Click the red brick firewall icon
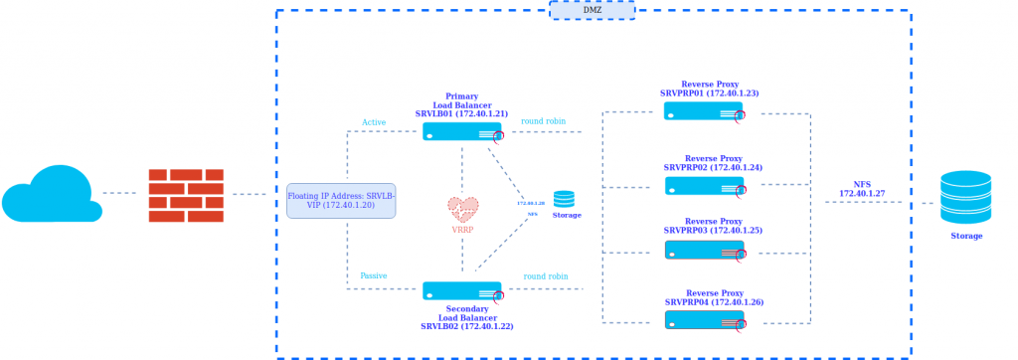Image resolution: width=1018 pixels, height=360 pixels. pos(186,195)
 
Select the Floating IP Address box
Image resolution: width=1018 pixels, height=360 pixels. pos(341,201)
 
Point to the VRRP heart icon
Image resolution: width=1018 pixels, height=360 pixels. pos(462,209)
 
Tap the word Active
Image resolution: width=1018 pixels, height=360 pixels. pos(374,123)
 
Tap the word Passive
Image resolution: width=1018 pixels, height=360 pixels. pos(374,276)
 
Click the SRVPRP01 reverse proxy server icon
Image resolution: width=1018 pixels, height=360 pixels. pos(704,111)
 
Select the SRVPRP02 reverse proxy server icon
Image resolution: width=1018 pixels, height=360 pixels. pos(704,186)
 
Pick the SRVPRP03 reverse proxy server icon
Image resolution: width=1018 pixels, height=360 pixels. pos(704,250)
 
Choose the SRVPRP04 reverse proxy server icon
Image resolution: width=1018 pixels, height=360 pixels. pos(704,320)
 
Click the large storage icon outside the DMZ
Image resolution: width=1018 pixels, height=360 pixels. pos(965,197)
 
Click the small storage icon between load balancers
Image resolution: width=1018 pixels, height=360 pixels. pos(564,199)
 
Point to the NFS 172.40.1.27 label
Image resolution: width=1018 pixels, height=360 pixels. pos(862,189)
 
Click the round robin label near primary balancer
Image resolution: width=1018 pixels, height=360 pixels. pos(544,121)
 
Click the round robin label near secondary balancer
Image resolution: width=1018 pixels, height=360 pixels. pos(546,276)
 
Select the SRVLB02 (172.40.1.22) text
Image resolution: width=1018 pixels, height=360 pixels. pos(466,326)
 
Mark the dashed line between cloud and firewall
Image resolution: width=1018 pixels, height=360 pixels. pos(119,193)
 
